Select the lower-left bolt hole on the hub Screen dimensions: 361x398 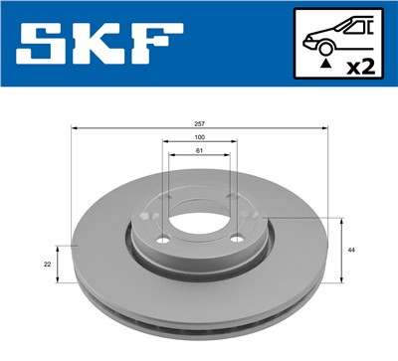coord(163,239)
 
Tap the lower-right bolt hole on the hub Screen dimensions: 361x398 coord(236,239)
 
